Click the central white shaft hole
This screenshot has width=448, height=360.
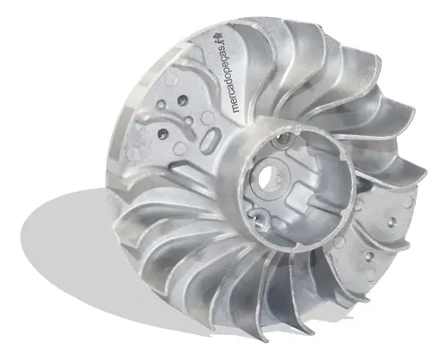click(x=267, y=179)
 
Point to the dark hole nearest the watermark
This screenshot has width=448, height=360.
click(x=182, y=99)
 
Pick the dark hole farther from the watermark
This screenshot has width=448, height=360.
click(x=163, y=133)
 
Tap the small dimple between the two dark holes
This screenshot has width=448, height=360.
click(x=189, y=120)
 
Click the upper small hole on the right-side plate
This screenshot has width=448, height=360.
click(x=392, y=222)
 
